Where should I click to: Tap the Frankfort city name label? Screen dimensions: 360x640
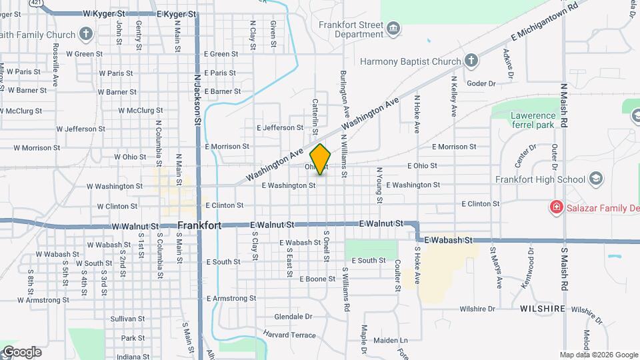point(200,226)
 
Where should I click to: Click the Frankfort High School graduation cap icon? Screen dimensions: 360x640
point(595,179)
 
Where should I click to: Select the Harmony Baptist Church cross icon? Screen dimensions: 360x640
point(471,61)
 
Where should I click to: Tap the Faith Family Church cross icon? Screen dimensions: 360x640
point(86,33)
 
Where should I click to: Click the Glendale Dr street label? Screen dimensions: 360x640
point(293,317)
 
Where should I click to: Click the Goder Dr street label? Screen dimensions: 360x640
point(481,83)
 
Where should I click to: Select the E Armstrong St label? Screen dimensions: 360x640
point(231,298)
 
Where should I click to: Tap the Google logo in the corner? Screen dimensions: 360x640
point(21,351)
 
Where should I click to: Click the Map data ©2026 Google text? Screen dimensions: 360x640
point(598,355)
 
